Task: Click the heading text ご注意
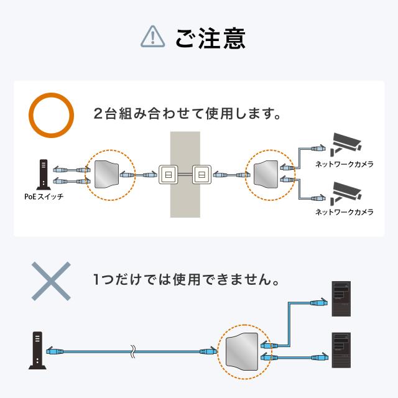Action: (210, 37)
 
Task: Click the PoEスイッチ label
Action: (43, 197)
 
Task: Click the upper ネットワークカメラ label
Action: (345, 164)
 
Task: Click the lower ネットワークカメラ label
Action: (345, 213)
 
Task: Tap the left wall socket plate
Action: (168, 175)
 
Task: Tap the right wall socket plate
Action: (201, 175)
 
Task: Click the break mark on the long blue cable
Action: (132, 351)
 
